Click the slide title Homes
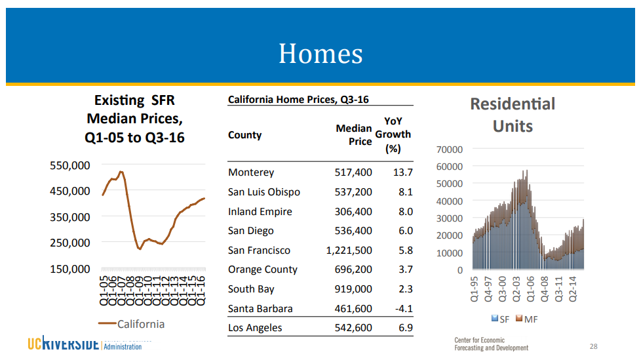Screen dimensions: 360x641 320,53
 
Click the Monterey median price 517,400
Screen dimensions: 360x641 353,172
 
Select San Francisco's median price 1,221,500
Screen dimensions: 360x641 349,250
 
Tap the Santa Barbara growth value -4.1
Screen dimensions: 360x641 404,309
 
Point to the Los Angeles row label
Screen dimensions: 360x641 255,328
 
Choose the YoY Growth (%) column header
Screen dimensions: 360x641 393,134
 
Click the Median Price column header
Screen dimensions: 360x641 354,135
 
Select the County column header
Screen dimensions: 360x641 244,135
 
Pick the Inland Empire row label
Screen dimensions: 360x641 260,212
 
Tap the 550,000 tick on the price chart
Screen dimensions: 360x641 70,166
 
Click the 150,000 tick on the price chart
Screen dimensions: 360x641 70,269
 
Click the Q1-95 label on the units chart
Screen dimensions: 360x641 475,289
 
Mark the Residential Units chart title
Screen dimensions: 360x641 513,115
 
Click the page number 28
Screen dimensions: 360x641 593,346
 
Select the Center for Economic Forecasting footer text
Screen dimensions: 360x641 491,344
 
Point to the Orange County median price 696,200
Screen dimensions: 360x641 353,270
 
